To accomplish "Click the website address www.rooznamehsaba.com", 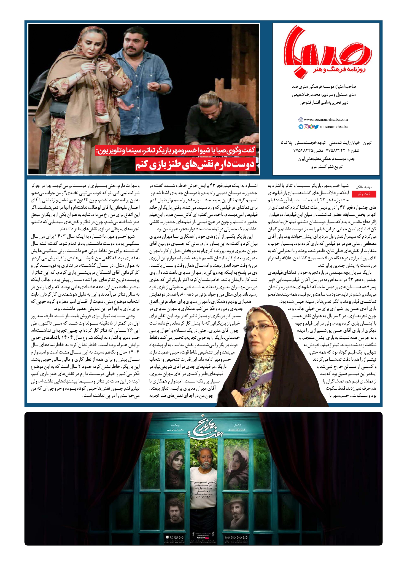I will [326, 119].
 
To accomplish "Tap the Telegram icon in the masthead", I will [301, 127].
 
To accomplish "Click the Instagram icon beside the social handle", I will [306, 127].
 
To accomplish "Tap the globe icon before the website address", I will [301, 120].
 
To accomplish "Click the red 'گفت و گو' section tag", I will [364, 194].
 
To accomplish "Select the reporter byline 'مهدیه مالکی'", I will [364, 187].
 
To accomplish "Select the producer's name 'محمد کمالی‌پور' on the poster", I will [175, 430].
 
